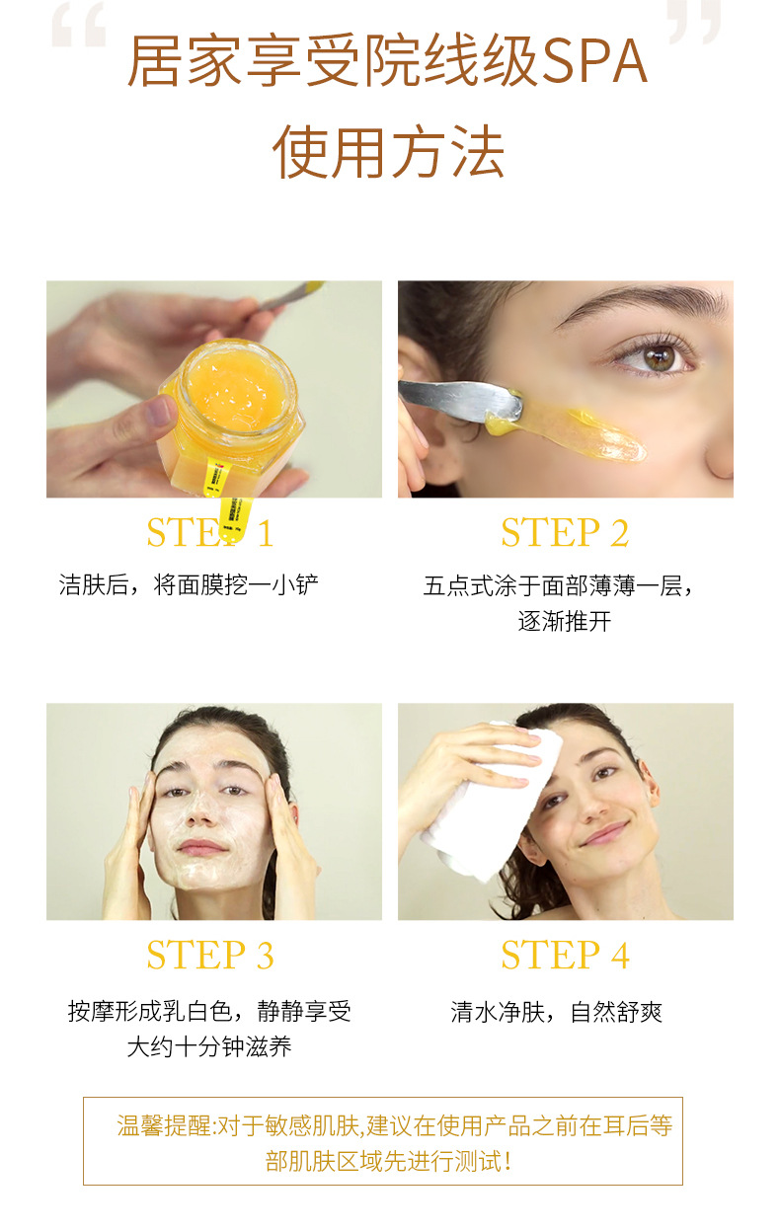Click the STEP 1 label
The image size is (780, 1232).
click(209, 532)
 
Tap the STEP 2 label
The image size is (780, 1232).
click(565, 532)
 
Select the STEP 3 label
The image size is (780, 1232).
click(209, 955)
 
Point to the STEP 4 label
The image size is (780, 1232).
click(565, 955)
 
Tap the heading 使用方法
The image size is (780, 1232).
click(389, 151)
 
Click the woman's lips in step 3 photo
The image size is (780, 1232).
click(202, 846)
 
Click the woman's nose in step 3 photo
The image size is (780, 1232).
click(200, 812)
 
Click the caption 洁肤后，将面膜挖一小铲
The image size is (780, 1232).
click(189, 584)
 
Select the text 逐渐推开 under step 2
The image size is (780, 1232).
click(565, 621)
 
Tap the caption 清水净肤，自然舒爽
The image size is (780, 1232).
click(556, 1012)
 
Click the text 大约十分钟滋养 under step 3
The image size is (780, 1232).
click(209, 1046)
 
